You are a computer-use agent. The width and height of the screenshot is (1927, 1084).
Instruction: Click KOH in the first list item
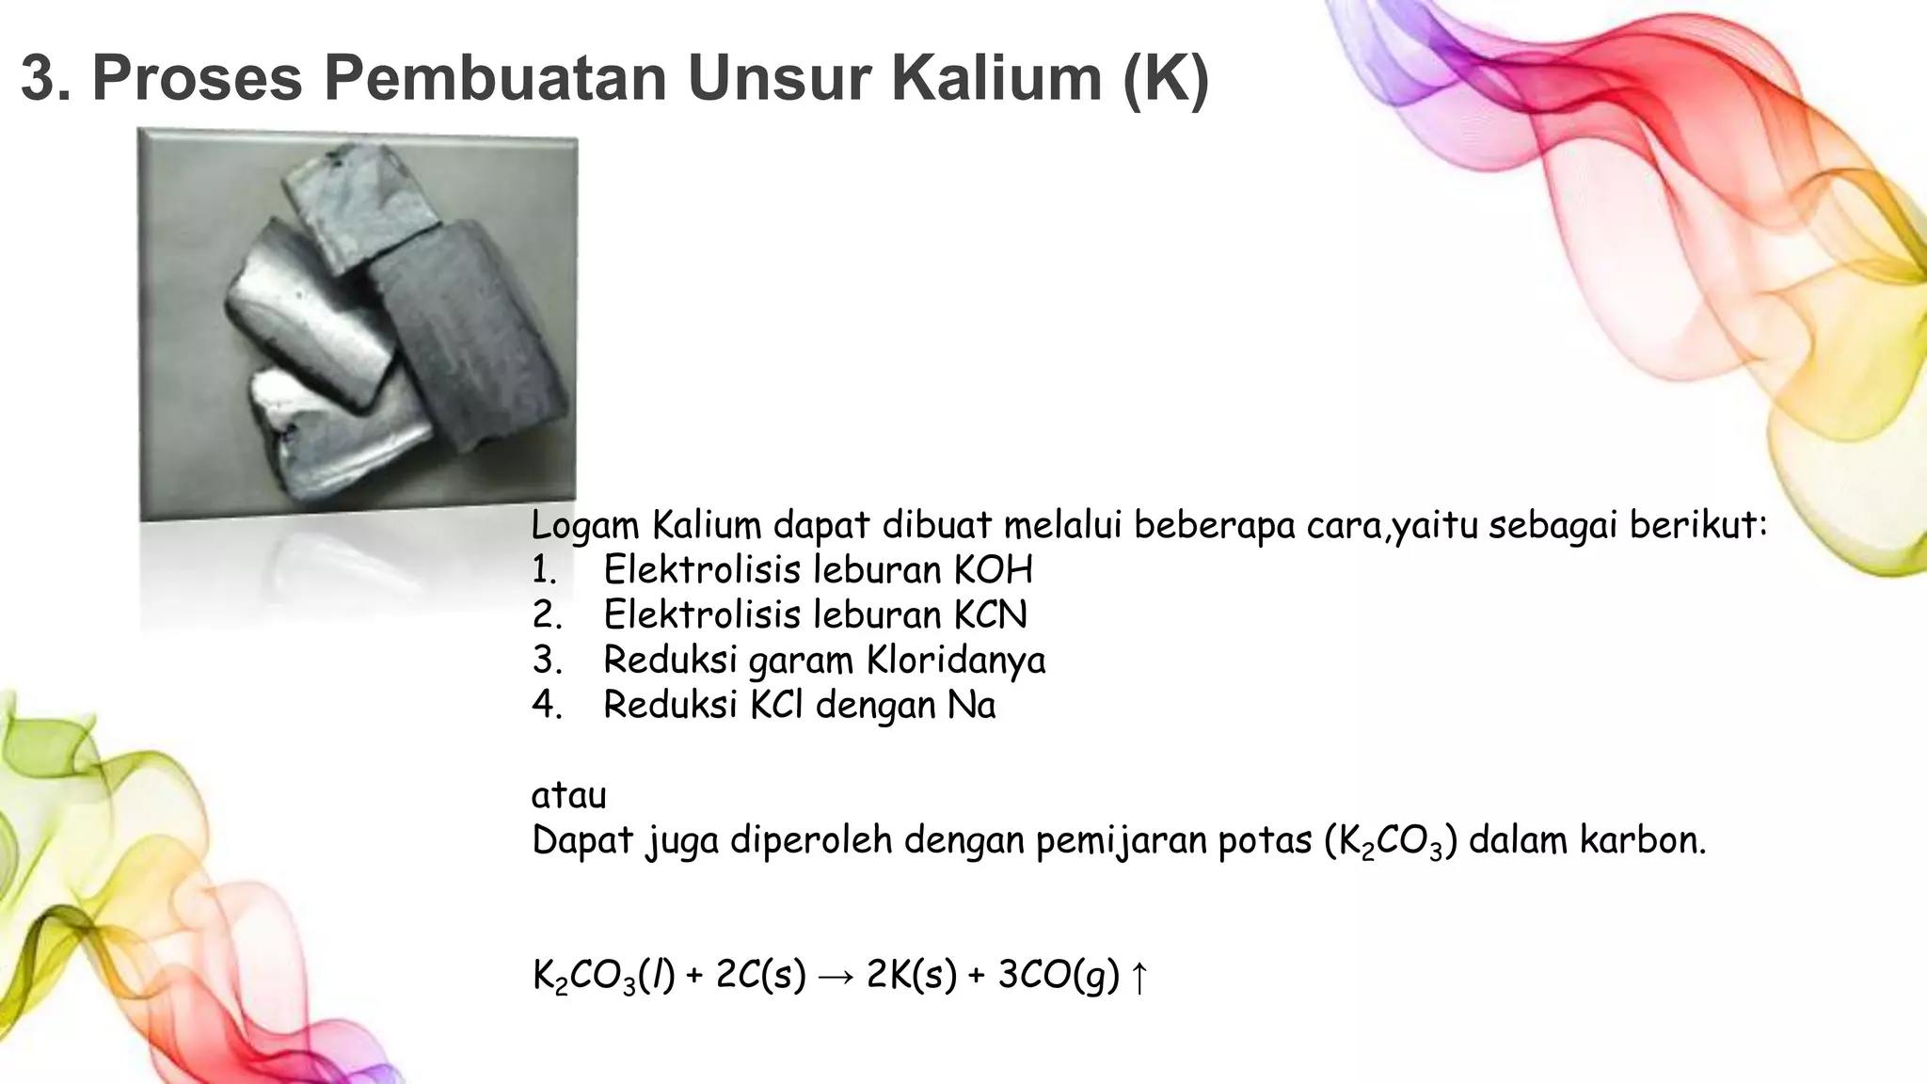(x=994, y=569)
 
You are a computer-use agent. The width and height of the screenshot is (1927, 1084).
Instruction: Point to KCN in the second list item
(x=991, y=614)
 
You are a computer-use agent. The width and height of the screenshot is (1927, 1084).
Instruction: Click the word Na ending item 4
(x=971, y=705)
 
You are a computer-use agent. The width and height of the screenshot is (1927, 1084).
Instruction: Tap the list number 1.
(x=544, y=569)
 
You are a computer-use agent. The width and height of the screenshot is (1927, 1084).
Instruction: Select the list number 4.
(x=546, y=705)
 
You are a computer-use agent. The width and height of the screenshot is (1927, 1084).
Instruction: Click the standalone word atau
(x=568, y=795)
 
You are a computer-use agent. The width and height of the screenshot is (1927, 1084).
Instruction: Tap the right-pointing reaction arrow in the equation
(x=836, y=977)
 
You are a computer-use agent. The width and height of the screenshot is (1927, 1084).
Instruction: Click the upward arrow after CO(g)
(x=1139, y=977)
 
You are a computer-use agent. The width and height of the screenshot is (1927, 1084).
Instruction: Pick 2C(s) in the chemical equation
(x=760, y=975)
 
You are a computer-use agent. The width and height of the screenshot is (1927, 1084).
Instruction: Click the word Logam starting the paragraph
(x=584, y=525)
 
